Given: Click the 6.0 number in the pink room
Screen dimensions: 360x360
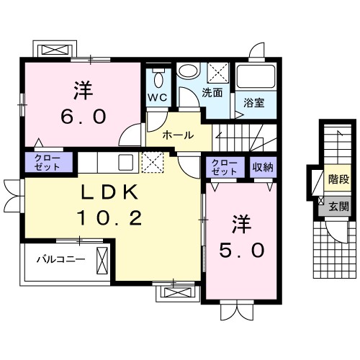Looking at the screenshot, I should pos(80,115).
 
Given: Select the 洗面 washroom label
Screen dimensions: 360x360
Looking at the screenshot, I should pos(211,92).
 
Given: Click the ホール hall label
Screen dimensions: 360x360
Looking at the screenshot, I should pos(177,135).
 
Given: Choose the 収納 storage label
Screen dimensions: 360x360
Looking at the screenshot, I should pos(263,167).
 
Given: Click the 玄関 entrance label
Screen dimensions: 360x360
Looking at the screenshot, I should pos(338,207).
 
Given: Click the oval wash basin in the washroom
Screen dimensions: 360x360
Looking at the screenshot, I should pos(189,72).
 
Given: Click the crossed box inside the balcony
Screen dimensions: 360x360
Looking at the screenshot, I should pos(101,258).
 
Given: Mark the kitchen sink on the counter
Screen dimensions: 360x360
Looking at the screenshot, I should pos(125,161).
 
